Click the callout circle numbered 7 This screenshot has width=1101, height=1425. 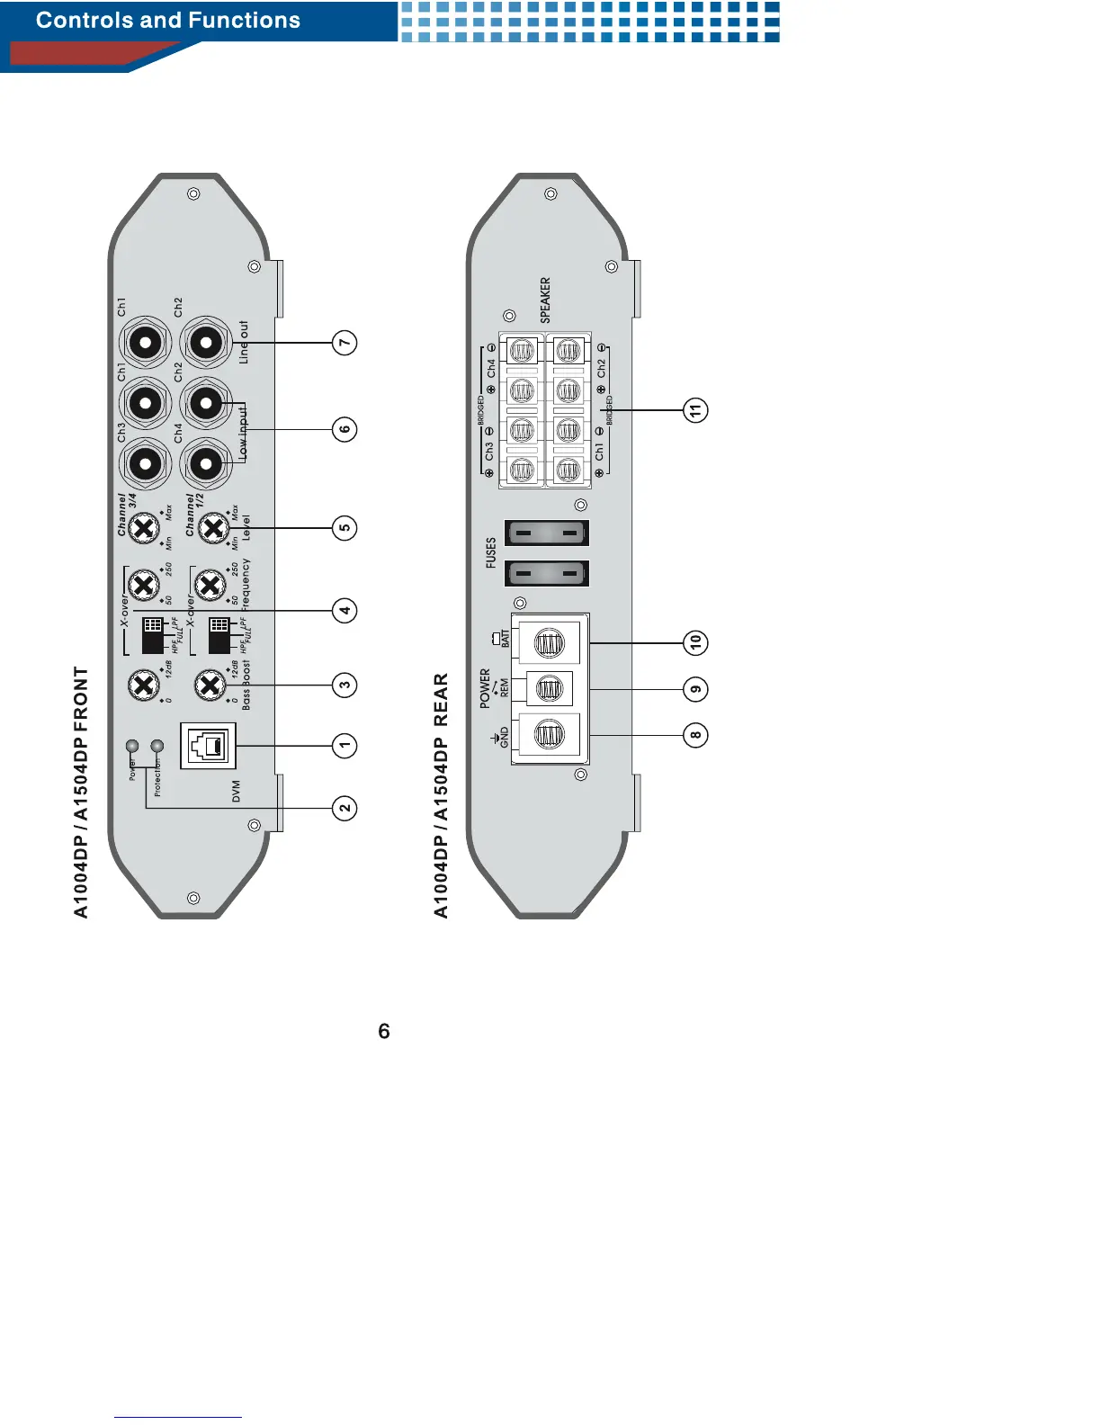tap(345, 343)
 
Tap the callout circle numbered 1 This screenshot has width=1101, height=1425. tap(345, 746)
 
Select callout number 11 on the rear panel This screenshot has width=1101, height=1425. tap(695, 410)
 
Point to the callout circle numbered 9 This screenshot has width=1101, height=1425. tap(695, 689)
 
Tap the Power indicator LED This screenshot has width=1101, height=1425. tap(132, 746)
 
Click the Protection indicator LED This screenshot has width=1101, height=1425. tap(157, 746)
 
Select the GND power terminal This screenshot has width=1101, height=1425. tap(549, 735)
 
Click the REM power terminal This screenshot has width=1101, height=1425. tap(549, 689)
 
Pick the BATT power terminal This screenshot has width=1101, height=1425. tap(549, 642)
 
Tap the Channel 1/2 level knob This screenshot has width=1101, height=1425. tap(212, 528)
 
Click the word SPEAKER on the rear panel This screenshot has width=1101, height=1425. tap(545, 300)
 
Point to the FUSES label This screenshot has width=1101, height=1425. tap(491, 552)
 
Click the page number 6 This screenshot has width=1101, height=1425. tap(384, 1031)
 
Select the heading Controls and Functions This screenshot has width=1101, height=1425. tap(168, 21)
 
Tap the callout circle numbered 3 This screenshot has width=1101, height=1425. tap(345, 685)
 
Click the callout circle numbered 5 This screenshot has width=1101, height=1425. tap(345, 528)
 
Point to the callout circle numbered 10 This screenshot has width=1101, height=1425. tap(695, 642)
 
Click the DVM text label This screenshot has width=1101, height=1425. tap(237, 792)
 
